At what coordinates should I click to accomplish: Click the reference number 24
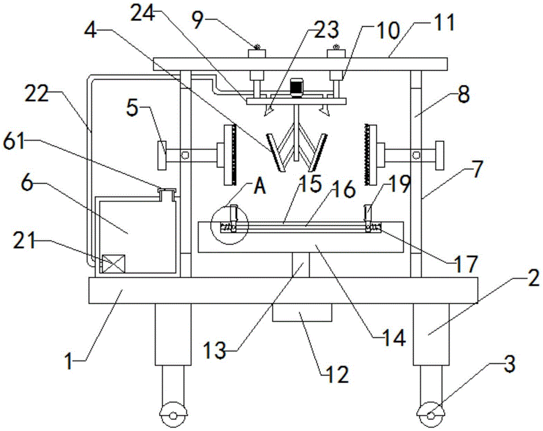tap(143, 14)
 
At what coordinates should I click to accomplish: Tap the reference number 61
tap(14, 142)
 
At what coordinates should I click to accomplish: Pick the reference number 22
tap(37, 93)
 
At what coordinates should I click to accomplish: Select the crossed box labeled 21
tap(113, 264)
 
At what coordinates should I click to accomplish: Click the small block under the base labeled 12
tap(302, 313)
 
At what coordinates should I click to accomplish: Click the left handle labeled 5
tap(162, 155)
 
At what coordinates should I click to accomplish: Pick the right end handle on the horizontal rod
tap(439, 155)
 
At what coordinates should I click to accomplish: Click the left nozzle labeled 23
tap(268, 110)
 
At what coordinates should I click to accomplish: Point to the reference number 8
tap(464, 95)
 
